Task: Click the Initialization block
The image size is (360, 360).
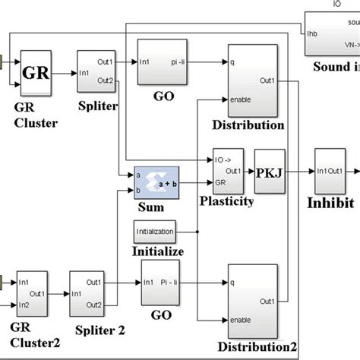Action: [155, 231]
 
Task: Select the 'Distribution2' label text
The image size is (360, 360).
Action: [252, 346]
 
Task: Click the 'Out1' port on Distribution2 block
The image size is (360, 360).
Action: [267, 302]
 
